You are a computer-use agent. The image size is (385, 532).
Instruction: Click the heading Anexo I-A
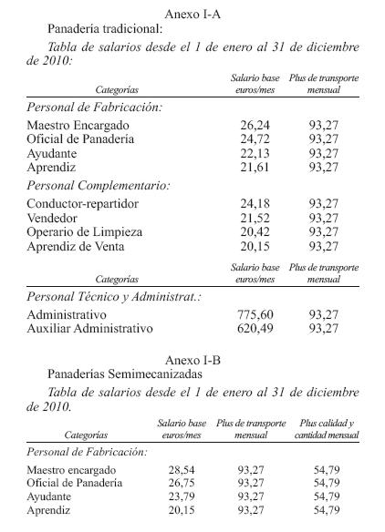[193, 14]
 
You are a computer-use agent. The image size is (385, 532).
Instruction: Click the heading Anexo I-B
[192, 360]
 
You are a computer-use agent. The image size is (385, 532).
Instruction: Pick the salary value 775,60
[249, 314]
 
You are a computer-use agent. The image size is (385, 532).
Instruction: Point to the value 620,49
[249, 328]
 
